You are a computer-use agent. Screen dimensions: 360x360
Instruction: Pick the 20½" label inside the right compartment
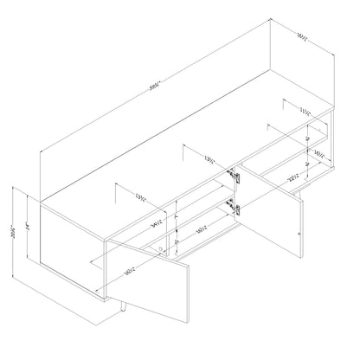tap(292, 178)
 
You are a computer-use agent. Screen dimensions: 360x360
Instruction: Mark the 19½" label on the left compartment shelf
tap(201, 228)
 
